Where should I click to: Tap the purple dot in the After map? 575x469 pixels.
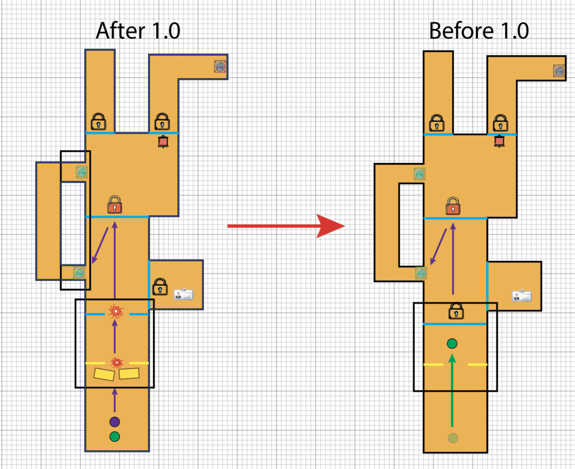[115, 421]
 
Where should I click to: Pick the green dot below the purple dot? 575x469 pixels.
[115, 436]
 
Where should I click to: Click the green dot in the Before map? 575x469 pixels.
[452, 343]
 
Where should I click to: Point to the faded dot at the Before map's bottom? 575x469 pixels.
[453, 438]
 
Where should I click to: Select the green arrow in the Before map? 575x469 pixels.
[453, 393]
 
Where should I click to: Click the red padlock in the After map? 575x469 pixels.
[115, 204]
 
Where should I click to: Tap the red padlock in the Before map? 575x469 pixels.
[454, 206]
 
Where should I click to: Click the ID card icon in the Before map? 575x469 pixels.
[521, 296]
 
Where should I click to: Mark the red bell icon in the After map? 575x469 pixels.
[163, 142]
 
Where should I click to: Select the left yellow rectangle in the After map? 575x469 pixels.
[104, 374]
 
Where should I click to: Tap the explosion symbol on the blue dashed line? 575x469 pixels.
[116, 310]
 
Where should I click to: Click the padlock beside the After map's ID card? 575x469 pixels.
[160, 286]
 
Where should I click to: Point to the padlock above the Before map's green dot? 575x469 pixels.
[455, 310]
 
